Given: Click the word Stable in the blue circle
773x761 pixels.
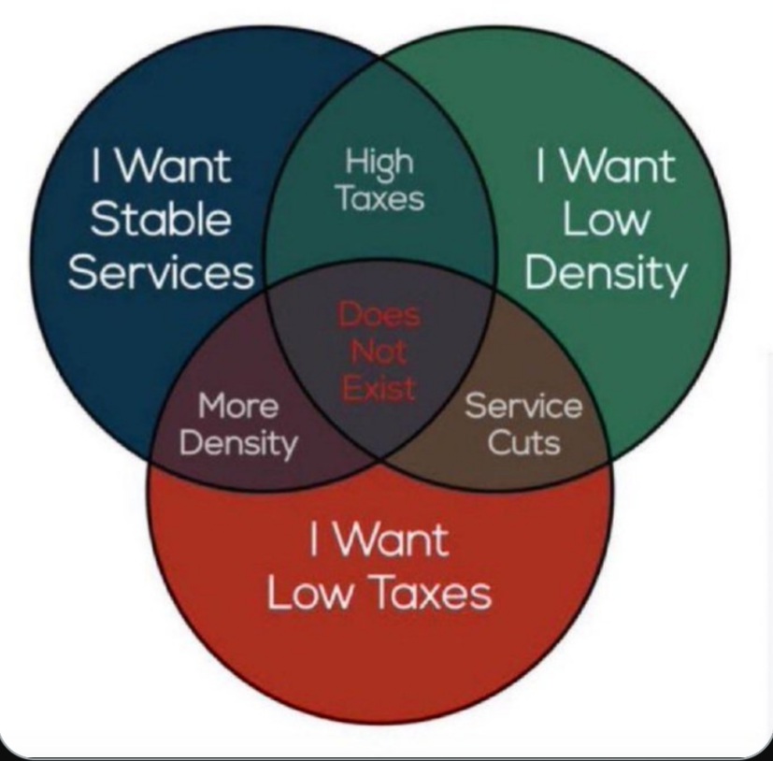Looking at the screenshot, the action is [161, 219].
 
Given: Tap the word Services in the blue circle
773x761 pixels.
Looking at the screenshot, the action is [161, 273].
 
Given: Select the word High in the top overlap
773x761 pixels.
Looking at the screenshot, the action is [379, 163].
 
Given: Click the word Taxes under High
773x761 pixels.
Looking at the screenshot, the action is [380, 198].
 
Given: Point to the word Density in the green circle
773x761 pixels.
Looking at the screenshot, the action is [606, 274].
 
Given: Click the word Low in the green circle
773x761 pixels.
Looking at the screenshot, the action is [606, 220].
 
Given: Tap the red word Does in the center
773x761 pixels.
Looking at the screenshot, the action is [379, 315].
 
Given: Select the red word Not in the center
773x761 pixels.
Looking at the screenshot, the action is [379, 352].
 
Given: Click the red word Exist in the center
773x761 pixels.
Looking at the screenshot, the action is [379, 388].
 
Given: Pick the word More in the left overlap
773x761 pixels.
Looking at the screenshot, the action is [238, 406].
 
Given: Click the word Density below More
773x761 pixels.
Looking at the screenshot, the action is [238, 444].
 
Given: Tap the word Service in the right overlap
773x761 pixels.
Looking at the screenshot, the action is [523, 406].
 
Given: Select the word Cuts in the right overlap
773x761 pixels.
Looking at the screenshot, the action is [524, 442].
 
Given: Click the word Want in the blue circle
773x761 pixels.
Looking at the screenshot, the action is [175, 165].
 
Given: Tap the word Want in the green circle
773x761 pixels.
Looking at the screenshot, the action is [619, 165].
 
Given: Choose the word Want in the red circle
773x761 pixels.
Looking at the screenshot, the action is [393, 539].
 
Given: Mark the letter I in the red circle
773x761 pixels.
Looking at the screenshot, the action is [313, 539].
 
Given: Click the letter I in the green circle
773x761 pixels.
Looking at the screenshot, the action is [540, 165].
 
